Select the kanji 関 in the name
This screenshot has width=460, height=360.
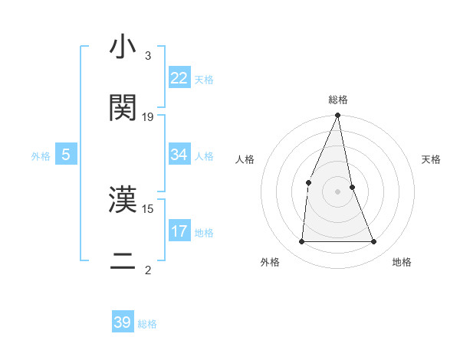tap(123, 108)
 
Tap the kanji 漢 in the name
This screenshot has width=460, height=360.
tap(123, 201)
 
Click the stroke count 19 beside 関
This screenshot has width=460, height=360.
tap(148, 117)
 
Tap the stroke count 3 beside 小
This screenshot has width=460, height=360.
tap(148, 56)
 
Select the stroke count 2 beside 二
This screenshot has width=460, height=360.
tap(148, 270)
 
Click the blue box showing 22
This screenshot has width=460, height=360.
tap(179, 78)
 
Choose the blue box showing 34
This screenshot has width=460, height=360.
tap(179, 155)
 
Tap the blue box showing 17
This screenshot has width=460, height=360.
tap(179, 231)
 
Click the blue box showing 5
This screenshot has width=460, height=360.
tap(66, 155)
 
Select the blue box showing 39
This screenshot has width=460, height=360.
tap(123, 322)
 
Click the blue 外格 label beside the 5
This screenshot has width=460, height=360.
tap(41, 156)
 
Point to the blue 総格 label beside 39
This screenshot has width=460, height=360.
tap(147, 324)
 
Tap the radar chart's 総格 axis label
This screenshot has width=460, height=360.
tap(338, 100)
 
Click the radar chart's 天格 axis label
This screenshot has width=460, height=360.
tap(432, 159)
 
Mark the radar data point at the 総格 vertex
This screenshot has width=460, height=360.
tap(338, 116)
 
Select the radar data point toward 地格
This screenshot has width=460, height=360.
tap(373, 241)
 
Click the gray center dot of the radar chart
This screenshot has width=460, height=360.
tap(338, 191)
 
